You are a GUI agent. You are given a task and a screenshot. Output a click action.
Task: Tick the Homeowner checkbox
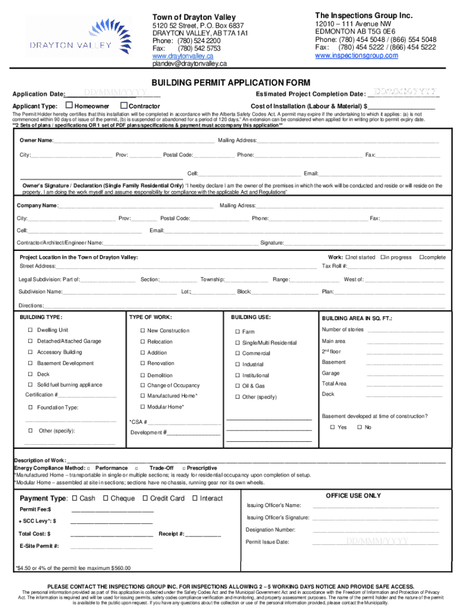coord(69,106)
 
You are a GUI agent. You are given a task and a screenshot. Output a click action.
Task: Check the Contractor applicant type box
coord(125,106)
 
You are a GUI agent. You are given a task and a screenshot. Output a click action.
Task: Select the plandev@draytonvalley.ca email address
coord(189,63)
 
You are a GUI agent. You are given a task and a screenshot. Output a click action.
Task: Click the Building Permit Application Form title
coord(230,82)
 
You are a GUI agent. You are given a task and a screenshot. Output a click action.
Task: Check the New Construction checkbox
coord(142,331)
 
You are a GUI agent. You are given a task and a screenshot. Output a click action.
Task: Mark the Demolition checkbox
coord(142,376)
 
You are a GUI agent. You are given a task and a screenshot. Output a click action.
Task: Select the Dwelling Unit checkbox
coord(30,330)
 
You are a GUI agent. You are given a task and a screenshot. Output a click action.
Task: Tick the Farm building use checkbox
coord(237,332)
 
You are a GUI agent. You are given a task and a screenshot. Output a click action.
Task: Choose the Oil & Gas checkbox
coord(237,386)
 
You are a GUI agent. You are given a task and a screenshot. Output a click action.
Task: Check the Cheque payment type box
coord(105,498)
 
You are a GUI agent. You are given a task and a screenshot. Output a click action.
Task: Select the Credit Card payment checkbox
coord(145,498)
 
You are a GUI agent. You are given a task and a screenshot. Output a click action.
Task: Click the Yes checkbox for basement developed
coord(332,427)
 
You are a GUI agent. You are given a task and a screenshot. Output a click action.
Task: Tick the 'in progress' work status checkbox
coord(382,257)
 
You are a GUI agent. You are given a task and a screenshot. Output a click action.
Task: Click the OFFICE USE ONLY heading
coord(353,496)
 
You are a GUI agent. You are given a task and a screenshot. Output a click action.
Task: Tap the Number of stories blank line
coord(405,330)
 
